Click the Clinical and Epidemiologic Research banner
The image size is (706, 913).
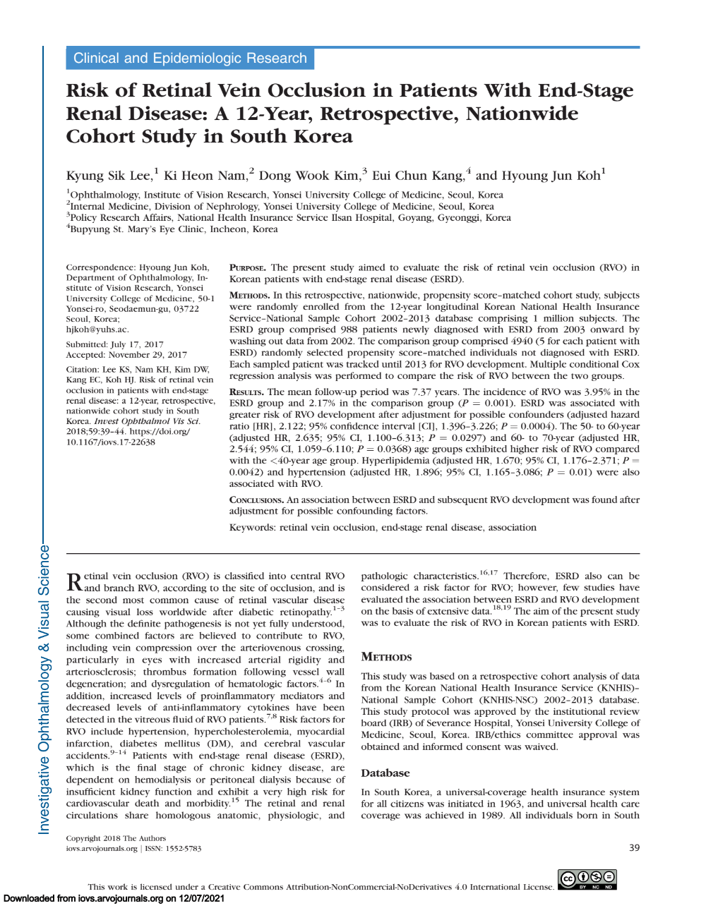tap(190, 59)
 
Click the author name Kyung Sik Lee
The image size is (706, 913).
tap(109, 176)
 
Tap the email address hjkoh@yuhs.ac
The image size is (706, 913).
tap(97, 329)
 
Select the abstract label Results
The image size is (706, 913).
tap(246, 392)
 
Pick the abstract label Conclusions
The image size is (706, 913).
tap(256, 500)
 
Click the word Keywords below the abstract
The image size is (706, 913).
tap(252, 528)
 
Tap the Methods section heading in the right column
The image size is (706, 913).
tap(386, 657)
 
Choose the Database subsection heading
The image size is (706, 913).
tap(385, 773)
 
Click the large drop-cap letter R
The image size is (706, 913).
tap(74, 582)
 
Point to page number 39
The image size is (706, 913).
tap(634, 848)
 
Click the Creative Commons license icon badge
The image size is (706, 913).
tap(587, 879)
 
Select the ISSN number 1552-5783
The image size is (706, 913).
tap(184, 849)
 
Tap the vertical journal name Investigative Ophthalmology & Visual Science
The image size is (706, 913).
tap(44, 689)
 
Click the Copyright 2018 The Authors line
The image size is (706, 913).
tap(116, 839)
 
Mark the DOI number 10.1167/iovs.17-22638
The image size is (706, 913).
tap(111, 442)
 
